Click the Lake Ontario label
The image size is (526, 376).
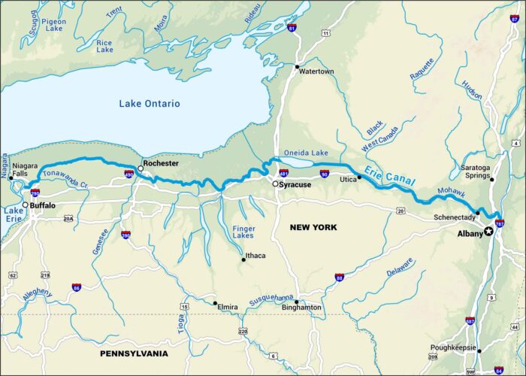tap(150, 104)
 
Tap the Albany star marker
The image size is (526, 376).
tap(489, 231)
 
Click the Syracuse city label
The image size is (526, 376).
tap(296, 184)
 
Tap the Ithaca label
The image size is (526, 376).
tap(255, 256)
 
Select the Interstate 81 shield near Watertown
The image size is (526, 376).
tap(292, 28)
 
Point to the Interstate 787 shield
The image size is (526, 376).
tap(500, 223)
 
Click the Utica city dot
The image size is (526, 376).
tap(359, 177)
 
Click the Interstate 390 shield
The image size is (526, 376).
tap(125, 235)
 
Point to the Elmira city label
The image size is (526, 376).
tap(228, 308)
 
